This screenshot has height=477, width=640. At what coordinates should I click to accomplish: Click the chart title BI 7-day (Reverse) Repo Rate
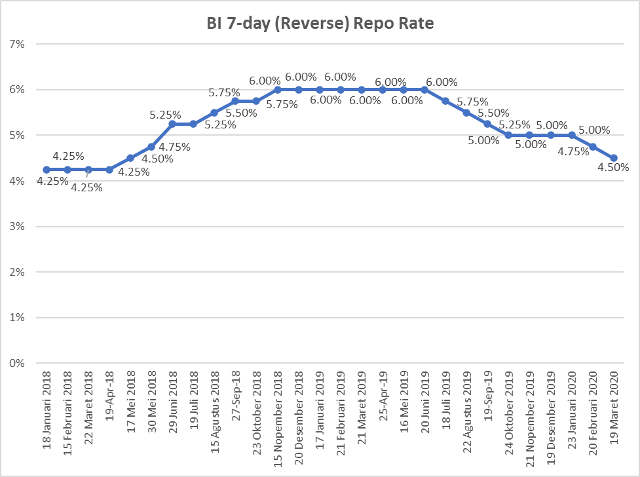pyautogui.click(x=319, y=24)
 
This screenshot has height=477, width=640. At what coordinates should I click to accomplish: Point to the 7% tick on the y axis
pyautogui.click(x=16, y=44)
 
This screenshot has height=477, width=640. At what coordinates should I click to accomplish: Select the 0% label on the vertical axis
pyautogui.click(x=16, y=363)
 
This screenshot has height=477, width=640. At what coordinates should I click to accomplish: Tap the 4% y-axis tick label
pyautogui.click(x=16, y=181)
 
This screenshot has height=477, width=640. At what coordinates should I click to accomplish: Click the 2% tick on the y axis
pyautogui.click(x=16, y=272)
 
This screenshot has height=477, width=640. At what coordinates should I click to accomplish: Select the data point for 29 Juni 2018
pyautogui.click(x=172, y=124)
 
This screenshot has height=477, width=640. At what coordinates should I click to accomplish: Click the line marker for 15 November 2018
pyautogui.click(x=278, y=90)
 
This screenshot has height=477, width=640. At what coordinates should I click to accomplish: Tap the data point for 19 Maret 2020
pyautogui.click(x=614, y=158)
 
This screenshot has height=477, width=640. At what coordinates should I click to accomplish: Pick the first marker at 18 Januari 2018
pyautogui.click(x=47, y=170)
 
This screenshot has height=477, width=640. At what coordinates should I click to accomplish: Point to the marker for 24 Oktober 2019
pyautogui.click(x=509, y=135)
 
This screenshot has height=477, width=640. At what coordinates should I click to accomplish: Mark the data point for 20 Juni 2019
pyautogui.click(x=424, y=90)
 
